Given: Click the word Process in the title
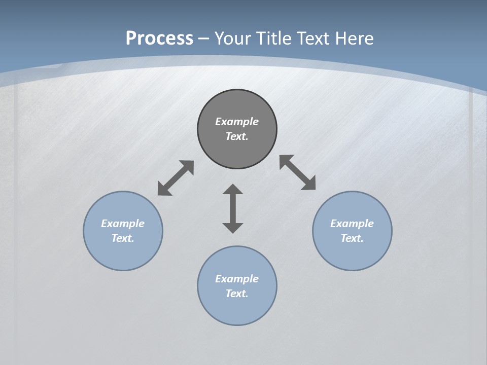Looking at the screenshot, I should coord(159,39).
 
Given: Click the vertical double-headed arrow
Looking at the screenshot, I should coord(233,209).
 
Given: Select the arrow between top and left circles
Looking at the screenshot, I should coord(176,178).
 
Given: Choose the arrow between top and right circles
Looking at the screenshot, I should coord(298,172).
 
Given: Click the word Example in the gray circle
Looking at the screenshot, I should coord(237,122).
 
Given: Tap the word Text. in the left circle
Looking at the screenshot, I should coord(123,238).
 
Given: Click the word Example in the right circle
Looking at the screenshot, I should coord(352,224).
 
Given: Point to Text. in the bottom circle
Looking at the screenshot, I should coord(237,294).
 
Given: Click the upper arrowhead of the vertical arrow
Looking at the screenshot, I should coord(233,189).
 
